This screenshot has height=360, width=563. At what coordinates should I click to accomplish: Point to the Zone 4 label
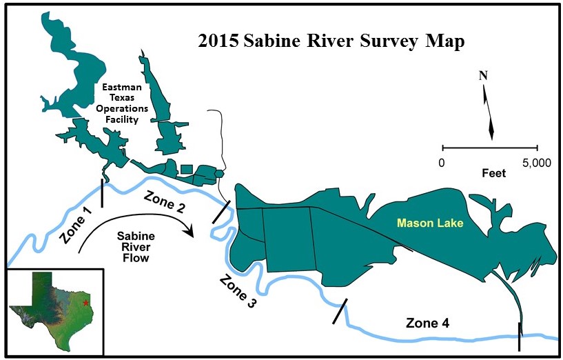[x=429, y=323]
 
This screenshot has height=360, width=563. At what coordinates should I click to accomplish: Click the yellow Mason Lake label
[x=433, y=224]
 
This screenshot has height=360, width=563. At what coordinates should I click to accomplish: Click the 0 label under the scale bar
[x=442, y=163]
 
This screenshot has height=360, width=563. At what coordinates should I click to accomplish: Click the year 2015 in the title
[x=218, y=41]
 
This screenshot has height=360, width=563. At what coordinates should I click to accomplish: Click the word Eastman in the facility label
[x=120, y=88]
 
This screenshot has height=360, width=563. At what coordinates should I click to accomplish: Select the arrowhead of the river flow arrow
[x=192, y=232]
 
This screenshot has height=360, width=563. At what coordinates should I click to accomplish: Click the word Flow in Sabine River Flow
[x=136, y=259]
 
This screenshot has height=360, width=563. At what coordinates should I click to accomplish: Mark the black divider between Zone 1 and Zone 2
[x=102, y=193]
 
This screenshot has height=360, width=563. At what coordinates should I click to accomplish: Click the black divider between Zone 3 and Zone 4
[x=340, y=311]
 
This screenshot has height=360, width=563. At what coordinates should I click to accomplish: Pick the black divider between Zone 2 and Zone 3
[x=221, y=211]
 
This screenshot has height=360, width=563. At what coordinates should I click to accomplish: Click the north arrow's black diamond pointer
[x=491, y=128]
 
